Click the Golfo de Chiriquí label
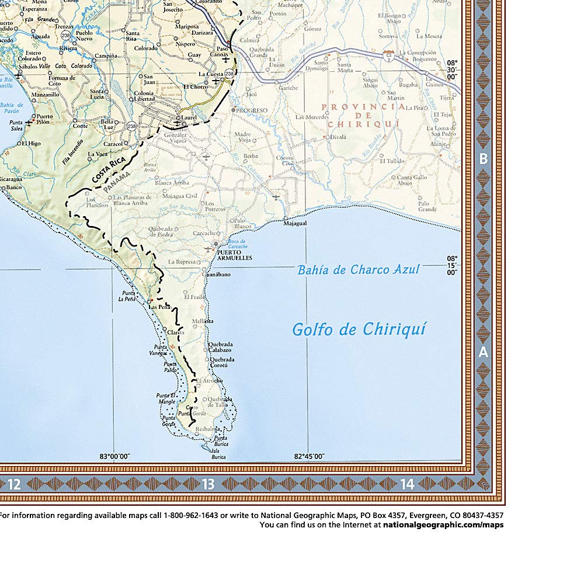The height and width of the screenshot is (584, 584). [359, 329]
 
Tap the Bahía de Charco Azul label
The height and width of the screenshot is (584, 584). [358, 270]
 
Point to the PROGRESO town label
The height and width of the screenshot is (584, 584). [251, 110]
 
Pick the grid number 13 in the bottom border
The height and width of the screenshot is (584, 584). [208, 484]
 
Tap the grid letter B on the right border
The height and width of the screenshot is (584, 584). [483, 158]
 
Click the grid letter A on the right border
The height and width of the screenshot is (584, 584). [483, 352]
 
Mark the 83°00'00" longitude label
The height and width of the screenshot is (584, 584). [114, 457]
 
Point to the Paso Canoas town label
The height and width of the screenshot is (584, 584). [223, 52]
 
